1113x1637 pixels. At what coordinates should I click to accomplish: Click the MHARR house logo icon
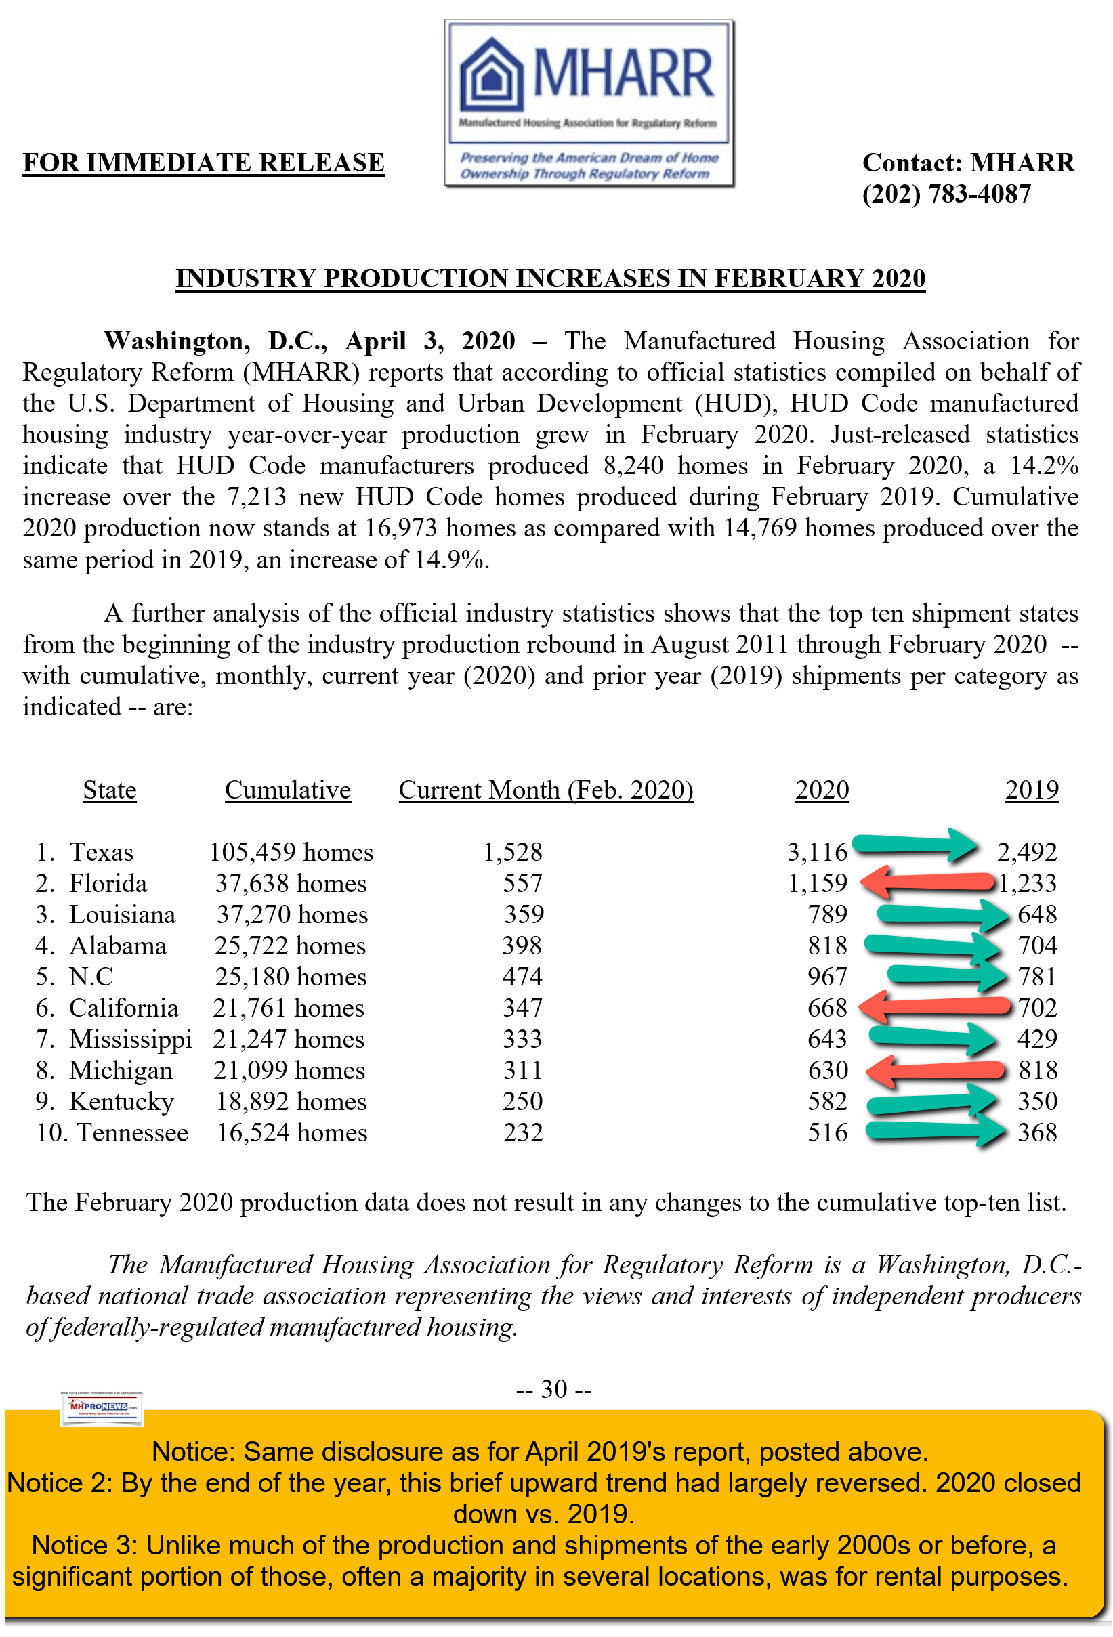pos(492,76)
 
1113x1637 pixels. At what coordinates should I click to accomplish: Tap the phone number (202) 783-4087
pos(946,194)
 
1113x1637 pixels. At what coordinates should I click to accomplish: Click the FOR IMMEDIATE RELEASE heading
pos(204,163)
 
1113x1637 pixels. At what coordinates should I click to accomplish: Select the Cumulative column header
pos(287,790)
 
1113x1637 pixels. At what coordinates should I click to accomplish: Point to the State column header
pos(109,790)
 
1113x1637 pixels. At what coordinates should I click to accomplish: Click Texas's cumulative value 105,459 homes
pos(291,852)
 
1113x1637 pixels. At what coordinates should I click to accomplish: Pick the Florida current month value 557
pos(522,883)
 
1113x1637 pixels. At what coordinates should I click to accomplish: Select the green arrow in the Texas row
pos(914,844)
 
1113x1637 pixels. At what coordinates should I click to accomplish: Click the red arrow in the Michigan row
pos(934,1070)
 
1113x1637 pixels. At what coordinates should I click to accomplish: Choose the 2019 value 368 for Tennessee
pos(1037,1132)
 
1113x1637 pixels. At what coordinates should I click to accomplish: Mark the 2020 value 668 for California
pos(827,1008)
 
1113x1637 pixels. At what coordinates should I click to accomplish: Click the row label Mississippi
pos(130,1039)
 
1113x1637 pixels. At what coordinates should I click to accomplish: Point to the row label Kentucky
pos(121,1102)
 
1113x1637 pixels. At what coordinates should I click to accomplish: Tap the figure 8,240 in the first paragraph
pos(633,466)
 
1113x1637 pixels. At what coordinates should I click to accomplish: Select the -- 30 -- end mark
pos(553,1389)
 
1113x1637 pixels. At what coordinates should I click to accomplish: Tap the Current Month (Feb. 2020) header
pos(546,790)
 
